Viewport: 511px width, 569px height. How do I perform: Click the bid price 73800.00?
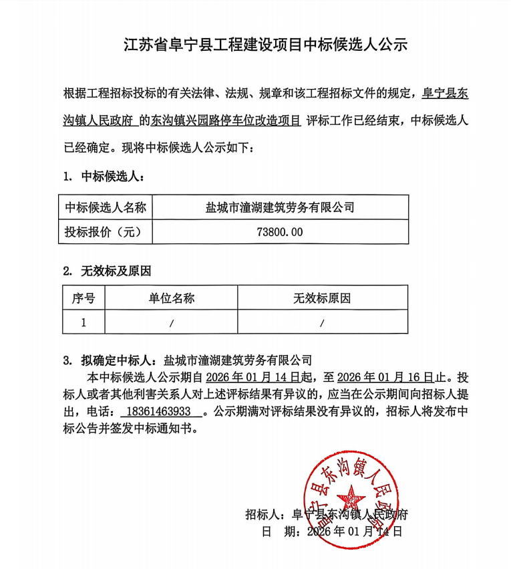point(280,233)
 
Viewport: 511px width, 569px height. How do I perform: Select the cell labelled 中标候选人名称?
point(105,207)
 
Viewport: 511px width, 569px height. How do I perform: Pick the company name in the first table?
point(280,207)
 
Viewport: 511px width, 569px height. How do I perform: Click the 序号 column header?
point(83,298)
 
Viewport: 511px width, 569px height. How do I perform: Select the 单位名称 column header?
point(171,298)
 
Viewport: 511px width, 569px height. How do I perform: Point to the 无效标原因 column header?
point(322,298)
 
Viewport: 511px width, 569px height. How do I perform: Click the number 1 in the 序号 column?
point(83,322)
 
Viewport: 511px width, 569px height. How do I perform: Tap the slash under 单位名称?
point(171,323)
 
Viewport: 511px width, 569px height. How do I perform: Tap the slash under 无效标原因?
point(322,323)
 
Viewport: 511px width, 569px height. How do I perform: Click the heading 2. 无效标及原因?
point(107,271)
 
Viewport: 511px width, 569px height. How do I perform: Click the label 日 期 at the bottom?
point(277,532)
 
